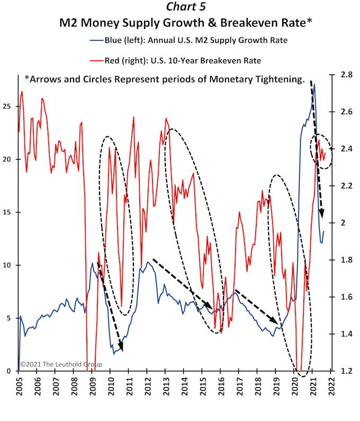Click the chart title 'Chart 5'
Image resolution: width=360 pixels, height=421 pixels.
click(x=179, y=7)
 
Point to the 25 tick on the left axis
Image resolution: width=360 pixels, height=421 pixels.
click(x=8, y=106)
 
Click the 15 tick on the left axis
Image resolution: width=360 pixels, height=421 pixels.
click(x=8, y=212)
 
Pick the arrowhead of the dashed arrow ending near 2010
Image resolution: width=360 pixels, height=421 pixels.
click(x=121, y=347)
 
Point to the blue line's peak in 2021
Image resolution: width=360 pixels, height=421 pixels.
click(x=314, y=85)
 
